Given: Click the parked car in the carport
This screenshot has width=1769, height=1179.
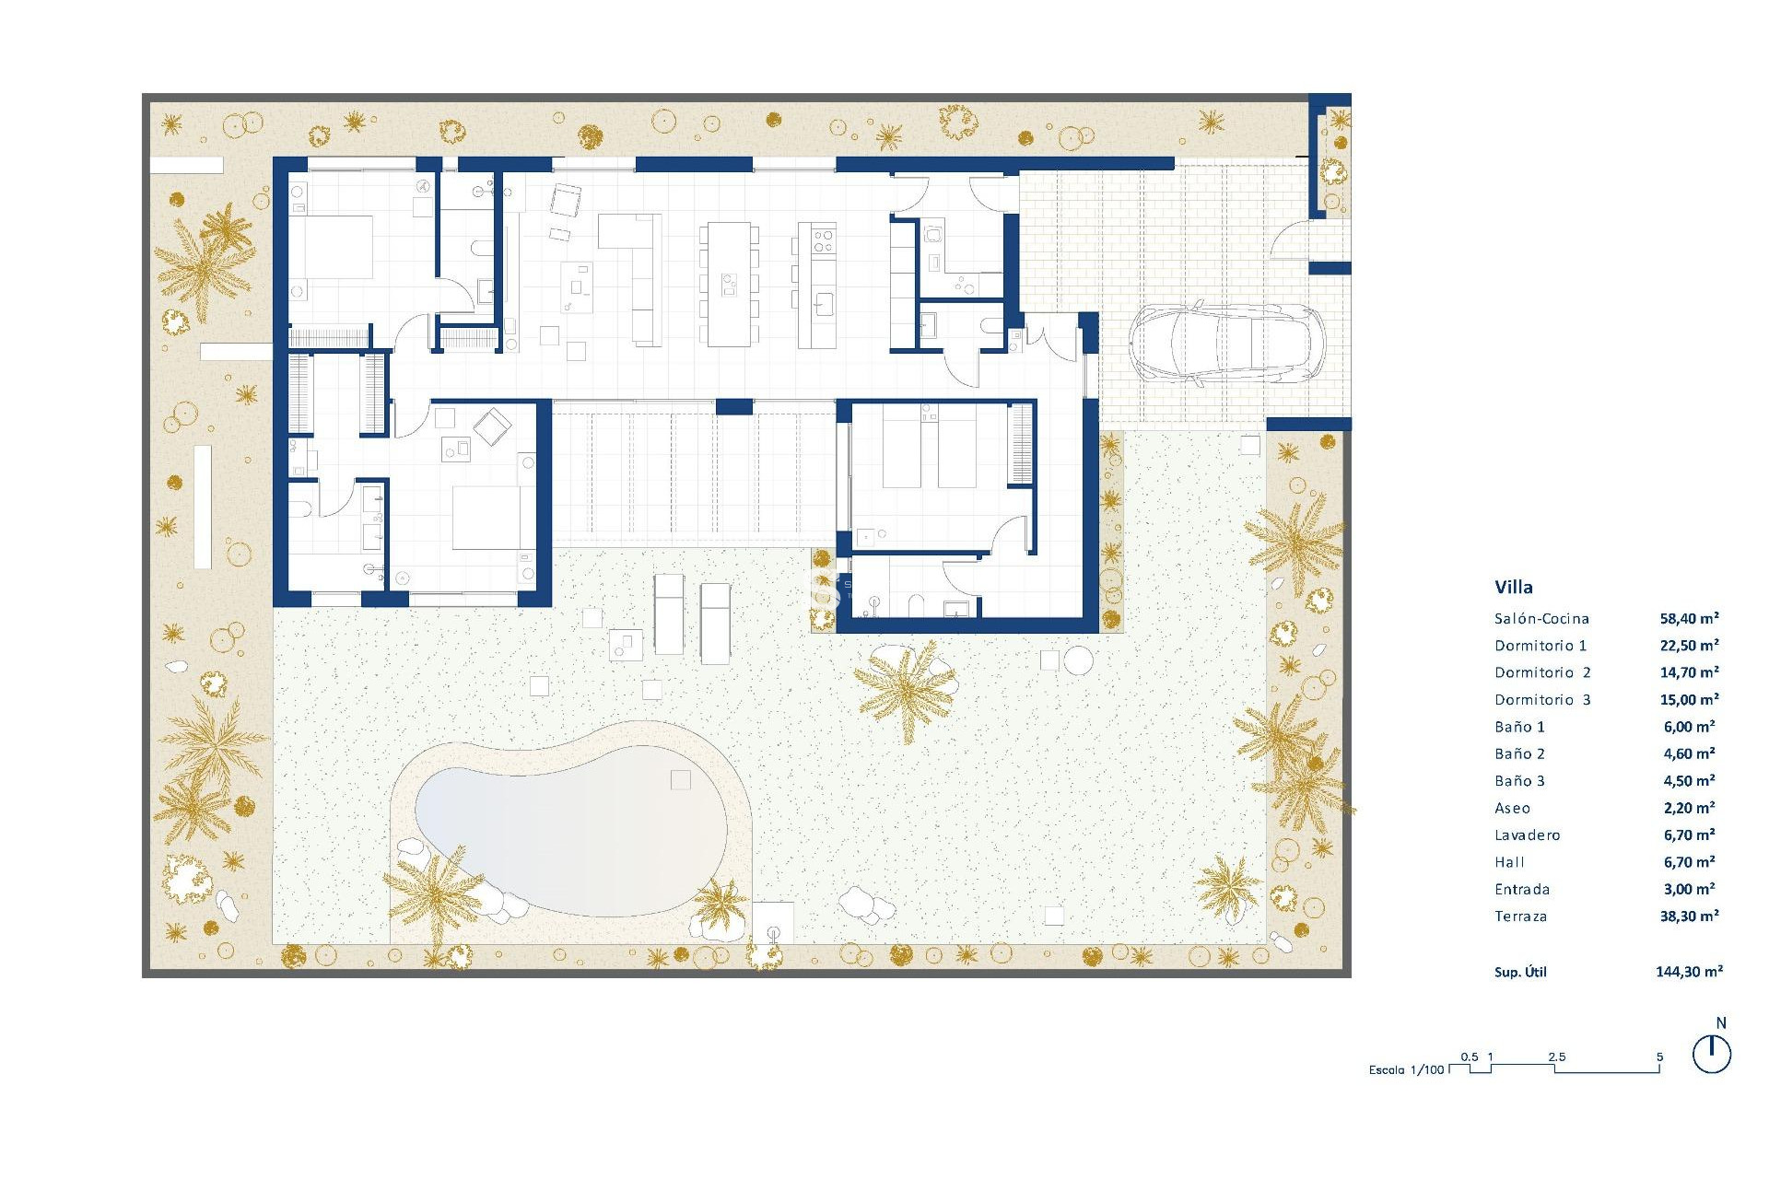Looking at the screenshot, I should (x=1225, y=343).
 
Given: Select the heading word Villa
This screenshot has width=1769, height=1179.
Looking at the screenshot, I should (x=1514, y=587).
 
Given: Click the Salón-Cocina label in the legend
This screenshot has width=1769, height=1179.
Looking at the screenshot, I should (x=1541, y=619).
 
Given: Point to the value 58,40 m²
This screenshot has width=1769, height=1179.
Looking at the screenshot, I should (x=1689, y=619).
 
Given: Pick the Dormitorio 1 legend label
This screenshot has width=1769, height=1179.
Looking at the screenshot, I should (x=1541, y=646).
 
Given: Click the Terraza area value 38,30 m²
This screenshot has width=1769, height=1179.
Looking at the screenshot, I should (x=1689, y=916).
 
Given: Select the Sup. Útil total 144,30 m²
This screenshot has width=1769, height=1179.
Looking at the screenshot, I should (x=1689, y=972).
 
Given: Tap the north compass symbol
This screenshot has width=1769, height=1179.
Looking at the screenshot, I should (x=1712, y=1054).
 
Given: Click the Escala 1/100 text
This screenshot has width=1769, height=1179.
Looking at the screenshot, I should (x=1406, y=1070).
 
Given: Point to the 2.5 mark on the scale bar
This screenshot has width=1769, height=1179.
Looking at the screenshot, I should (x=1557, y=1057).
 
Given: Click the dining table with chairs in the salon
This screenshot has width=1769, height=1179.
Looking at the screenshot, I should (x=729, y=284).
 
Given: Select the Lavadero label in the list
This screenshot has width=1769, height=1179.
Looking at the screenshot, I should (x=1527, y=835).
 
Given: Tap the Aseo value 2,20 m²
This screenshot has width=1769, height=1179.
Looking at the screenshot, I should (x=1689, y=808).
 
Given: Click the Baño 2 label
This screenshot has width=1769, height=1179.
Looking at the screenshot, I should (x=1519, y=754).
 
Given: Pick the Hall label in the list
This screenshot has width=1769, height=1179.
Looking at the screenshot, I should (x=1509, y=862).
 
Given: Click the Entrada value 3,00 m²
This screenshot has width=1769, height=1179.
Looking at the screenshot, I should (x=1689, y=890).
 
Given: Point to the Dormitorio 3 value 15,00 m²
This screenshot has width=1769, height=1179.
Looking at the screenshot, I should (x=1689, y=700).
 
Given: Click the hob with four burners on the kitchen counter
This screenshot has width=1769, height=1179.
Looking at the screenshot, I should (x=823, y=241).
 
